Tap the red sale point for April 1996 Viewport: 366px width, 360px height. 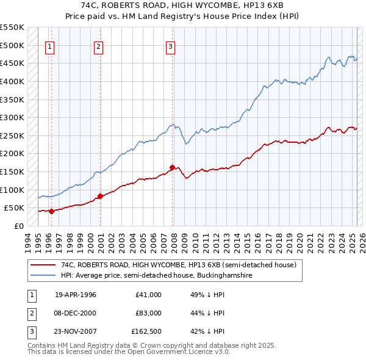pyautogui.click(x=51, y=211)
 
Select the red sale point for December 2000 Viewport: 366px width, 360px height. pyautogui.click(x=101, y=196)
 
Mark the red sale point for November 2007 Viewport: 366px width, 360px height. pyautogui.click(x=173, y=167)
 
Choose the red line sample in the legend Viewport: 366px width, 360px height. pyautogui.click(x=44, y=265)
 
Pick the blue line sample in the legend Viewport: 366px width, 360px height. pyautogui.click(x=44, y=276)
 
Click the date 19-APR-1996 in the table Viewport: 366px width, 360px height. pyautogui.click(x=76, y=295)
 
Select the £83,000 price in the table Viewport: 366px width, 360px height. pyautogui.click(x=148, y=313)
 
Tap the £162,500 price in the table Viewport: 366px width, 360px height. pyautogui.click(x=147, y=331)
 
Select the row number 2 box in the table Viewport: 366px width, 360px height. pyautogui.click(x=30, y=313)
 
